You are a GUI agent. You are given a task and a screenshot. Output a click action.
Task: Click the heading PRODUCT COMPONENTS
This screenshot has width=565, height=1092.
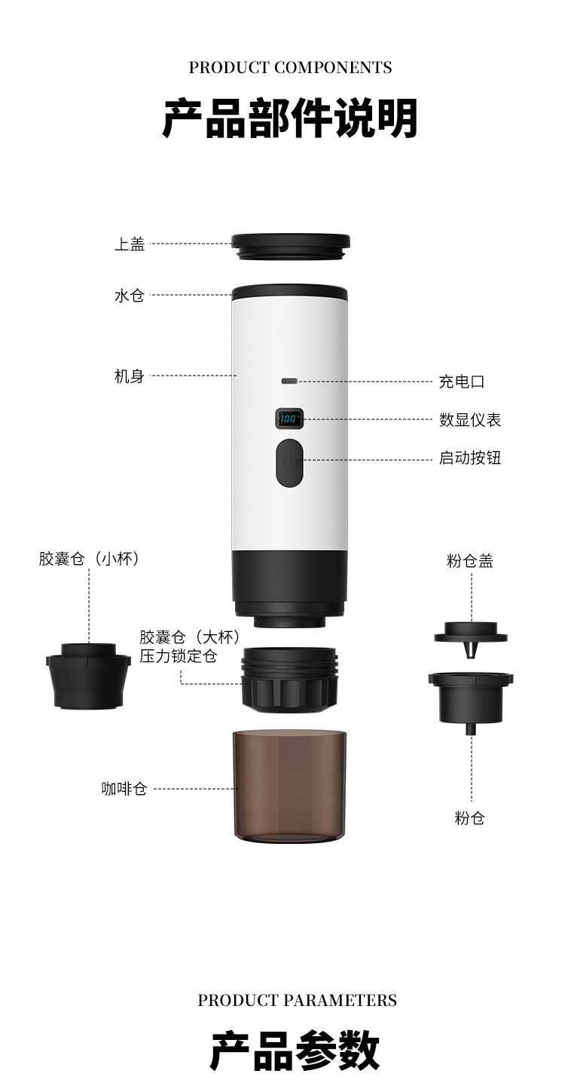click(x=290, y=68)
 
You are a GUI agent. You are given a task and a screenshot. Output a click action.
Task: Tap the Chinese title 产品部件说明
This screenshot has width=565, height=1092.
click(x=290, y=119)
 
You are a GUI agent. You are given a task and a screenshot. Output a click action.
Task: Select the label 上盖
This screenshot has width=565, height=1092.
click(x=130, y=244)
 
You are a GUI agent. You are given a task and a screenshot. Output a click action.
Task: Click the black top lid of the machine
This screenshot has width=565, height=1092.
click(x=290, y=246)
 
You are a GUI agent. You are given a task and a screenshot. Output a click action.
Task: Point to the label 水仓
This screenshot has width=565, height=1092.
click(x=130, y=296)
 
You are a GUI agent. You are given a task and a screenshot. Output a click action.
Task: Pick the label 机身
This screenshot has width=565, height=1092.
click(x=130, y=376)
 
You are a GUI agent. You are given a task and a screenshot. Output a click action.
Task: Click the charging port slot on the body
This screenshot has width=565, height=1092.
click(x=289, y=381)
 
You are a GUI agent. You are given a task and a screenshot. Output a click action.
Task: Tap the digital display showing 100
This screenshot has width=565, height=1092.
click(x=289, y=419)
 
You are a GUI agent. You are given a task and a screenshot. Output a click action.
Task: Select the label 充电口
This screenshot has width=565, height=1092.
click(x=462, y=382)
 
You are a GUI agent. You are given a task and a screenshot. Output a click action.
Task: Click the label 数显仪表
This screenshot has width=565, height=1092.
click(x=470, y=420)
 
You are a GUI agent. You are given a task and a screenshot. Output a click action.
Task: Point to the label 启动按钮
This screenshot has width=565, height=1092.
click(x=470, y=459)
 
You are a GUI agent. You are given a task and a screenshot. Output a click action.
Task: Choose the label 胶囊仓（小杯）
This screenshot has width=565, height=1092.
click(x=90, y=559)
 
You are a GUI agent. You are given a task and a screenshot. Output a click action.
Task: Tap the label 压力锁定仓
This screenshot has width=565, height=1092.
click(x=179, y=656)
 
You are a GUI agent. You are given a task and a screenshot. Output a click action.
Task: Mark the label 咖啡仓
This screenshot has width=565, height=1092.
click(x=124, y=789)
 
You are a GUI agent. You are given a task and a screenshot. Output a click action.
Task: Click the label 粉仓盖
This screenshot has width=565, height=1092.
click(x=470, y=561)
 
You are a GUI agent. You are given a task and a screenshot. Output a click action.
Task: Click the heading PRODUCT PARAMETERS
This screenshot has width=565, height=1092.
click(x=297, y=1000)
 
